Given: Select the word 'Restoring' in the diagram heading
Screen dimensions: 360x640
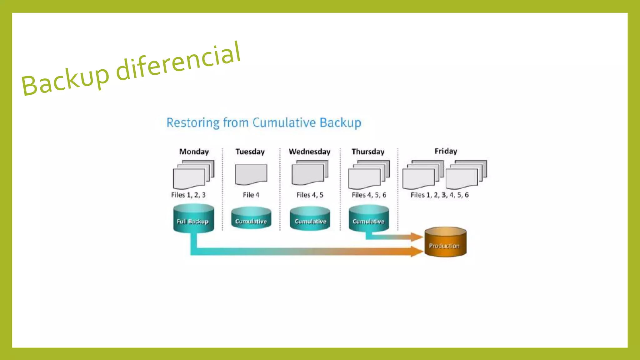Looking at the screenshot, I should (x=193, y=122).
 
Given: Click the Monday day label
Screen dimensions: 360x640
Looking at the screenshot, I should (x=194, y=152).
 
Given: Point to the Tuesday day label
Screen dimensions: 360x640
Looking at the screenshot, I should (x=250, y=152).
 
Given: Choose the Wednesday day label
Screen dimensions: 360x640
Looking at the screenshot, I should (x=309, y=152).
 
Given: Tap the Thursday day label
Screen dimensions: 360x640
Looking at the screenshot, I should (x=368, y=152).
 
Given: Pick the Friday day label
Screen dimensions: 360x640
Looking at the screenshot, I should (x=446, y=151).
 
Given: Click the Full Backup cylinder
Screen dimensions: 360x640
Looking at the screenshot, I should (x=193, y=219).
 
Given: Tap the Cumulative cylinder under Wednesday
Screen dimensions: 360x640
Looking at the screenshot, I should (x=310, y=219).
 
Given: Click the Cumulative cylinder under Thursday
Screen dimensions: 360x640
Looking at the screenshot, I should (x=369, y=218).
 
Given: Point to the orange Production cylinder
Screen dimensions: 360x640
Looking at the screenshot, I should (x=445, y=242).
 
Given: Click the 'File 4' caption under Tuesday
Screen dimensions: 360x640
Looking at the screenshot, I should (x=251, y=195).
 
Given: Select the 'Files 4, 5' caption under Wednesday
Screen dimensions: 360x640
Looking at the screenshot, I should (x=310, y=195).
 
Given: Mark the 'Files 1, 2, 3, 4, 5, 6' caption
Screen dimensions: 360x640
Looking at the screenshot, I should (x=439, y=195).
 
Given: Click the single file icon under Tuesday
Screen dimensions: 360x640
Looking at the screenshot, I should (x=251, y=174).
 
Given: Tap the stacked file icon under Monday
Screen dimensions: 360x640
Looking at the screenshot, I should (x=193, y=174).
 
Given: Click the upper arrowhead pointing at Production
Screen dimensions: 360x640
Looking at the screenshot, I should (x=417, y=237).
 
